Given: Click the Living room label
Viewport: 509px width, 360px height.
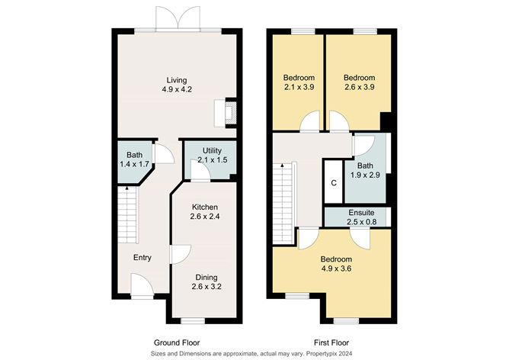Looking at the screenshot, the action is [x=177, y=80].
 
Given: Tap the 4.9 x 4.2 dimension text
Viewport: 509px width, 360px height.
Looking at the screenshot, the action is [x=177, y=89].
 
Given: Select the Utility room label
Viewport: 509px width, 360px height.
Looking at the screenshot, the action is [x=212, y=150].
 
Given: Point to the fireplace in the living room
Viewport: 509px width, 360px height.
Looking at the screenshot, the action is [x=226, y=113].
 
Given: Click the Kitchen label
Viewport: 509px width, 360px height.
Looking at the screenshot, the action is [x=205, y=207].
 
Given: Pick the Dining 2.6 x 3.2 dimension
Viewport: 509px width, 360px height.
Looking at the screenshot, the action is [x=206, y=287].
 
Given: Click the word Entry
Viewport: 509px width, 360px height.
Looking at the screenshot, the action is [x=142, y=258].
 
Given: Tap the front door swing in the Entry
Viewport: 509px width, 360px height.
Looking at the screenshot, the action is [x=142, y=285].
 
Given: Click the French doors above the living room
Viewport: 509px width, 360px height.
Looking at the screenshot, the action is [x=178, y=18].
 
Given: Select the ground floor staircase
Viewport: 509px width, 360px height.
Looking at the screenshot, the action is [x=127, y=215].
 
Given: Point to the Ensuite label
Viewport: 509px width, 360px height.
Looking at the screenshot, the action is [x=361, y=213].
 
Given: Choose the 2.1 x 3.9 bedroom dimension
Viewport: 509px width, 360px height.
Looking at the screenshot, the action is [x=299, y=87].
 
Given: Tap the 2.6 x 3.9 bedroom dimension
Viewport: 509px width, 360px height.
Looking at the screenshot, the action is [x=359, y=87].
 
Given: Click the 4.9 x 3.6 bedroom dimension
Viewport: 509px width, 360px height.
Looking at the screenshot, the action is [x=336, y=268].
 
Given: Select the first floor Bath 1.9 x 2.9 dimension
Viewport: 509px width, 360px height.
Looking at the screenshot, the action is [x=365, y=175].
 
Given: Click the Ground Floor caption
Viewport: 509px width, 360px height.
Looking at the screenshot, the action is [x=177, y=342].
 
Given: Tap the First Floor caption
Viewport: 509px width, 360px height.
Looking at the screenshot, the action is [x=331, y=342].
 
